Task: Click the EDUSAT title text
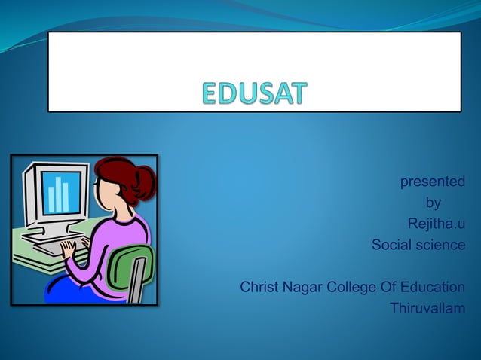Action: pyautogui.click(x=255, y=94)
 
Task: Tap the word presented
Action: pyautogui.click(x=432, y=182)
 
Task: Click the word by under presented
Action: pyautogui.click(x=433, y=203)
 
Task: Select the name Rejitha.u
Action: pyautogui.click(x=436, y=224)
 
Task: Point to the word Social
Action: pyautogui.click(x=391, y=245)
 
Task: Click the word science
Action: pyautogui.click(x=440, y=245)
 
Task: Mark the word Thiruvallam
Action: pyautogui.click(x=427, y=308)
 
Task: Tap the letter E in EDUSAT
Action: pyautogui.click(x=212, y=94)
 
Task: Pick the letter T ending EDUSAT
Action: pyautogui.click(x=298, y=94)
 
